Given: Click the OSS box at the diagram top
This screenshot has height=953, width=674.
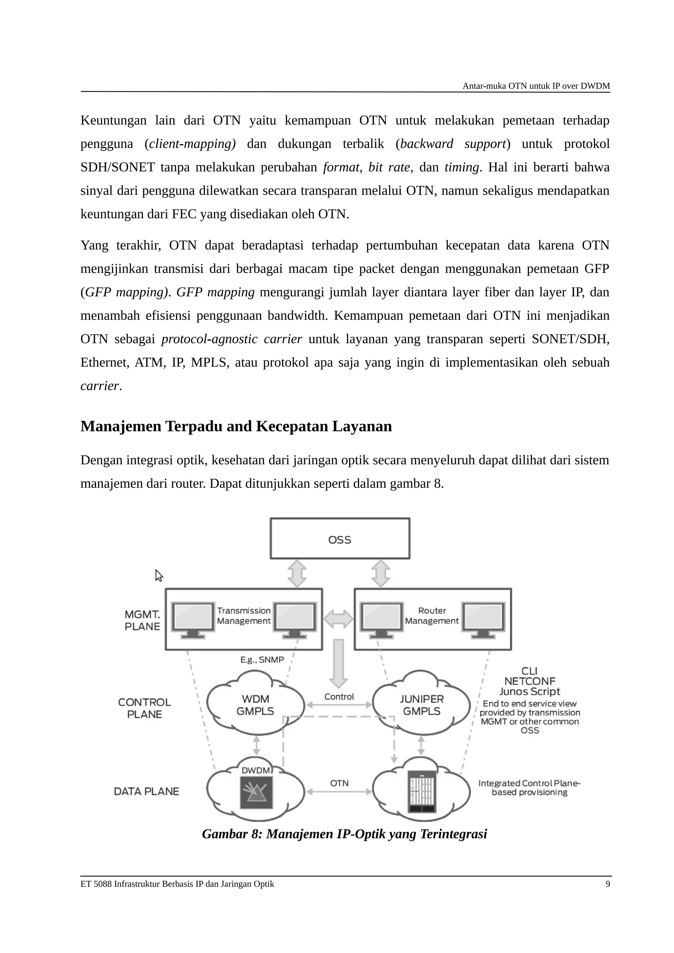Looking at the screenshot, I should pyautogui.click(x=340, y=538).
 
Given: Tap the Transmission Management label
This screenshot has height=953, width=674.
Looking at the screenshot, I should pyautogui.click(x=244, y=616).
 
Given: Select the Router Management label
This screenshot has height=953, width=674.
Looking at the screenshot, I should pyautogui.click(x=432, y=616).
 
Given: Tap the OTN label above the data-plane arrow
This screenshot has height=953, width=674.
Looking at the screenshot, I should pyautogui.click(x=339, y=783).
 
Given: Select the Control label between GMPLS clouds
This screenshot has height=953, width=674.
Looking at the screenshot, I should pyautogui.click(x=339, y=697).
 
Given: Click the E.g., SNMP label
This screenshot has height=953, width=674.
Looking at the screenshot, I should pyautogui.click(x=262, y=660).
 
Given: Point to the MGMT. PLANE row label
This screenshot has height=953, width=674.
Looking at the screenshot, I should pyautogui.click(x=143, y=620).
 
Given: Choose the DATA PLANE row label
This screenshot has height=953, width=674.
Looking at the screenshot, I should pyautogui.click(x=146, y=792).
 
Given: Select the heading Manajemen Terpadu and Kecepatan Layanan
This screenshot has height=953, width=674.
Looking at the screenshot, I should pyautogui.click(x=236, y=426).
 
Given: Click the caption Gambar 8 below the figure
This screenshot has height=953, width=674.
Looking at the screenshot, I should pyautogui.click(x=344, y=834).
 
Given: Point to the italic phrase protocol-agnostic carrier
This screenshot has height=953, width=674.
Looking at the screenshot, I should pyautogui.click(x=231, y=339).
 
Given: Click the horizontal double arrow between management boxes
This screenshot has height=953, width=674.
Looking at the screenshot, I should pyautogui.click(x=338, y=619).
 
